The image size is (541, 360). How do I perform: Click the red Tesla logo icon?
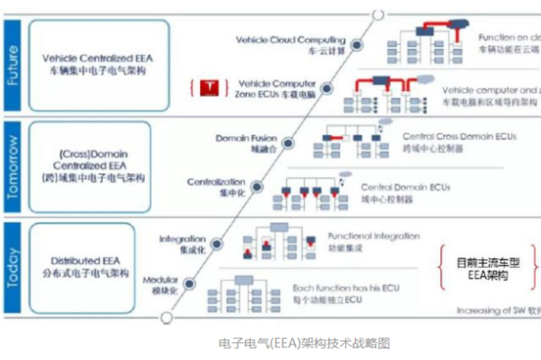tap(209, 87)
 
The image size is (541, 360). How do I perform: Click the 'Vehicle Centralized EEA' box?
tap(95, 62)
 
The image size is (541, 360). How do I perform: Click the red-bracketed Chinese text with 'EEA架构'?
tap(489, 269)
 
